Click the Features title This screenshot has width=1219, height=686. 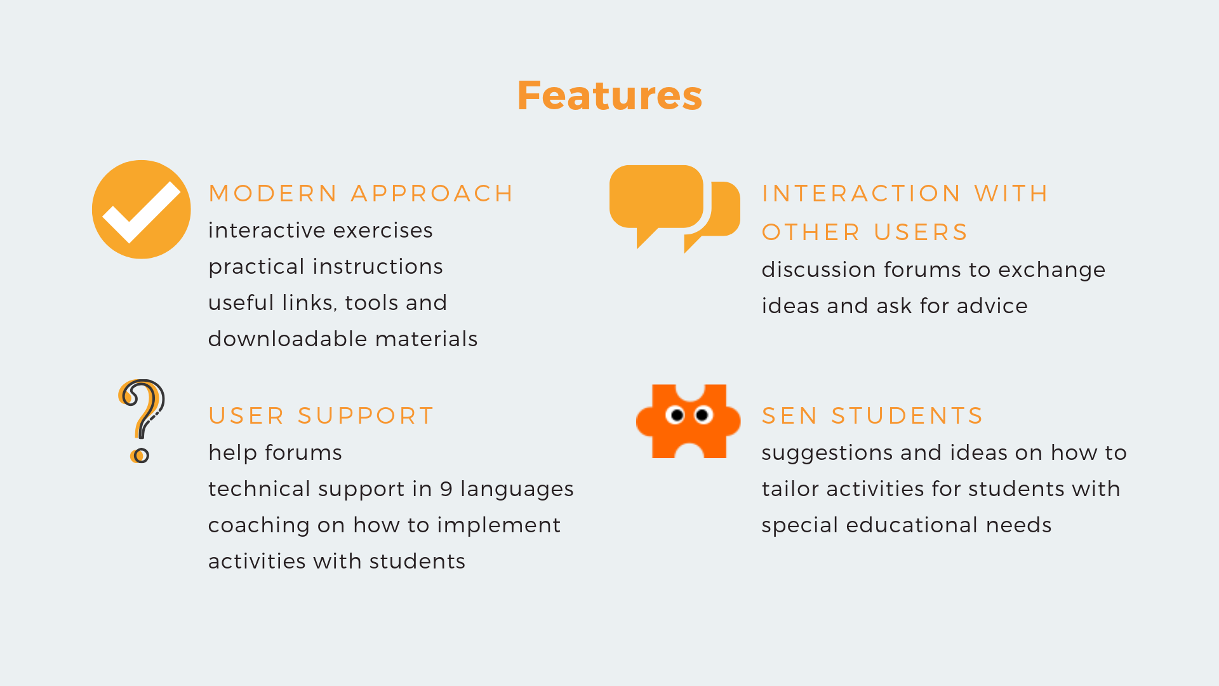[x=609, y=96]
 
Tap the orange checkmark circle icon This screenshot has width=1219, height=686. [x=142, y=210]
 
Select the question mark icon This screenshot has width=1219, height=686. [x=142, y=421]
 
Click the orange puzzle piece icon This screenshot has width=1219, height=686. [x=688, y=421]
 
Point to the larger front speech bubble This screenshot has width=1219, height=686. [x=656, y=200]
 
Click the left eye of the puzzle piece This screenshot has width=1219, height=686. [x=677, y=415]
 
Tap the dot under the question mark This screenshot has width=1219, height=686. [x=140, y=455]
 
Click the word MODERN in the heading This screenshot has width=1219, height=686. [x=273, y=194]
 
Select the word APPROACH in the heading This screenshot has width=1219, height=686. [x=432, y=194]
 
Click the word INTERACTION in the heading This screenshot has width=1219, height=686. [x=862, y=194]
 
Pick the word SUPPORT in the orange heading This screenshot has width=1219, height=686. [x=366, y=416]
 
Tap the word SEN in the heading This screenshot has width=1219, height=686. [x=790, y=416]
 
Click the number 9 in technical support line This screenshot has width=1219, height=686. [x=446, y=489]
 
